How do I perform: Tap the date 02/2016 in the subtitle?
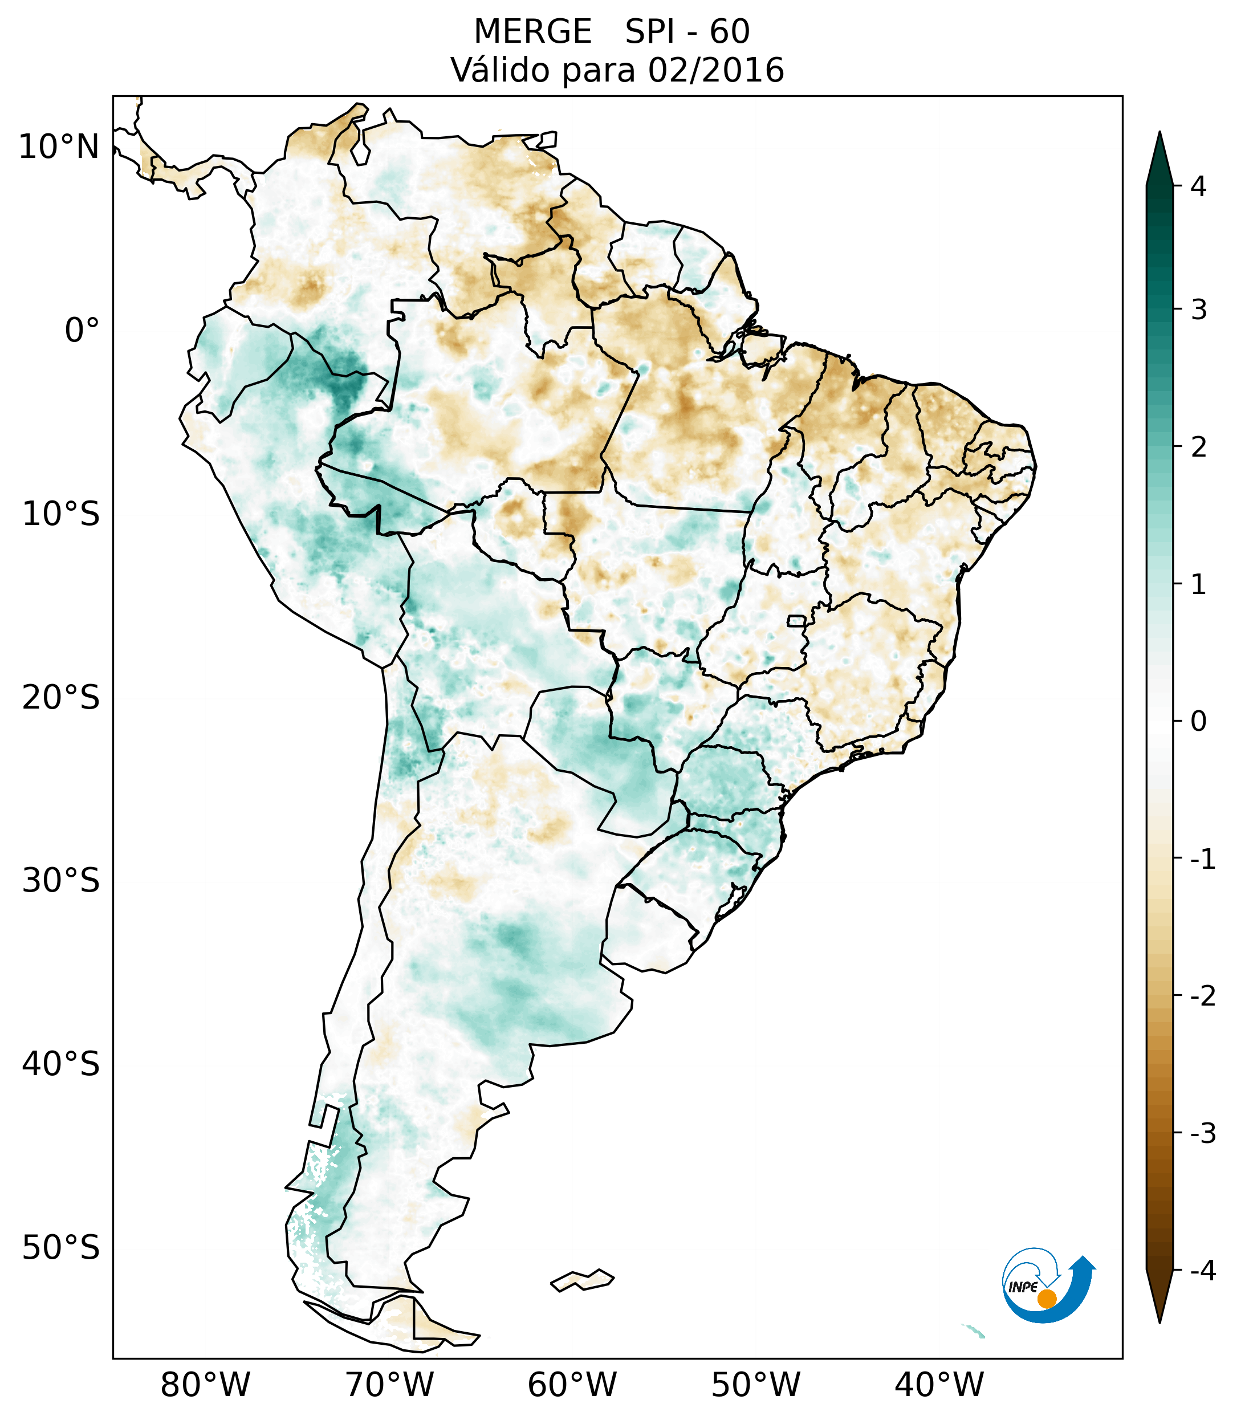pos(715,71)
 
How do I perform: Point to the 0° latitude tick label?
pos(82,331)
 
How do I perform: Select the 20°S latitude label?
pos(61,698)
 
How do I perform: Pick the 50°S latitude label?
pos(61,1248)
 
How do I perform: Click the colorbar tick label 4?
pos(1198,186)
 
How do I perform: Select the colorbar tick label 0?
pos(1198,722)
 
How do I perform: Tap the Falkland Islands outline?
pos(582,1280)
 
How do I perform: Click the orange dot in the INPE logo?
pos(1046,1299)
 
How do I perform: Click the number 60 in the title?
pos(730,32)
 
